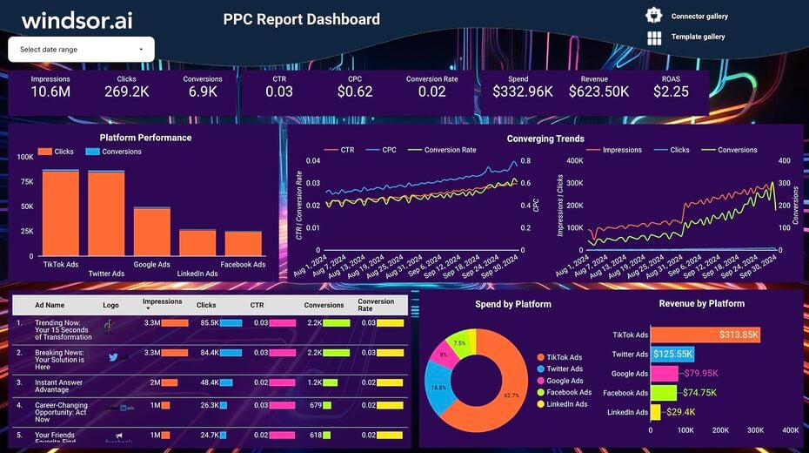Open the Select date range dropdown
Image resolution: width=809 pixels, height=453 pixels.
pos(81,50)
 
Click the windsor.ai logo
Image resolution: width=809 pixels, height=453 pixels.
pos(77,20)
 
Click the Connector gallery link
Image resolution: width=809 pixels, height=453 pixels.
pos(699,17)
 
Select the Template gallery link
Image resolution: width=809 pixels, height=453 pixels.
pos(698,37)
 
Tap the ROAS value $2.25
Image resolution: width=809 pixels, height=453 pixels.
pos(671,91)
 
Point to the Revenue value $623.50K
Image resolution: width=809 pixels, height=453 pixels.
pos(598,91)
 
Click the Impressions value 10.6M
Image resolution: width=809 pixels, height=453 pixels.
pos(50,91)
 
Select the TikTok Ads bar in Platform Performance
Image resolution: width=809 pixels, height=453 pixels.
pos(61,213)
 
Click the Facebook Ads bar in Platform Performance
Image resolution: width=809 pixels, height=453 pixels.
pos(243,243)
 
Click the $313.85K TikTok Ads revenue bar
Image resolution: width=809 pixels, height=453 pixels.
pos(705,335)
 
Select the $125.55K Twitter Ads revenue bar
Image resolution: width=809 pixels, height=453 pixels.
pos(672,355)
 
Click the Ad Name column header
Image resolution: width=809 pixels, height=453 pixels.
pos(50,306)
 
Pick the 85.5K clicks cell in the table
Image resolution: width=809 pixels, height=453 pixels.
pos(208,322)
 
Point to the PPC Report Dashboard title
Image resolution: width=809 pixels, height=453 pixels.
pos(301,19)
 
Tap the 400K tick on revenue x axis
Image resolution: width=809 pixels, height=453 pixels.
pos(790,430)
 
